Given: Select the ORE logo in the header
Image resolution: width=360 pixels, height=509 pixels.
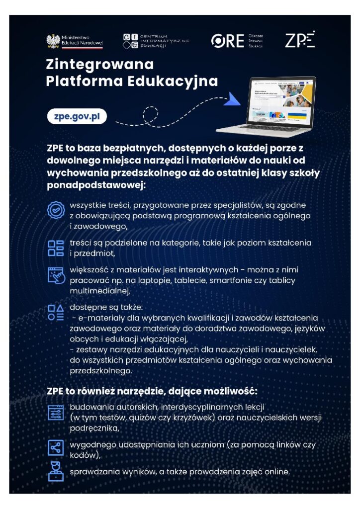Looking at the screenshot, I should tap(227, 41).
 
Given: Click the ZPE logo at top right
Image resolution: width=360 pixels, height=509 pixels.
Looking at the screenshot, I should tap(300, 40).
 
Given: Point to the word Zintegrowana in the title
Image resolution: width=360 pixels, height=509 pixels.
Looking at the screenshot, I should tap(99, 65).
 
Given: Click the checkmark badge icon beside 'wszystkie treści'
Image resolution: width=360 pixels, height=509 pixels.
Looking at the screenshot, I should tap(56, 210).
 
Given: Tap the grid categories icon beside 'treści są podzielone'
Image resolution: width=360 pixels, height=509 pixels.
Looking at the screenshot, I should tap(56, 248).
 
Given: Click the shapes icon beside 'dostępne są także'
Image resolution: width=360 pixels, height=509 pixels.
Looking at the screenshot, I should tap(56, 312).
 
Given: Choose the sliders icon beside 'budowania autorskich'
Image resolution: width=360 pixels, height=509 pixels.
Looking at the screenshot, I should tap(56, 413).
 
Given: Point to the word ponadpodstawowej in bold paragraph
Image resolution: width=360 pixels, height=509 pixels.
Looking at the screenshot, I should tap(95, 185).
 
